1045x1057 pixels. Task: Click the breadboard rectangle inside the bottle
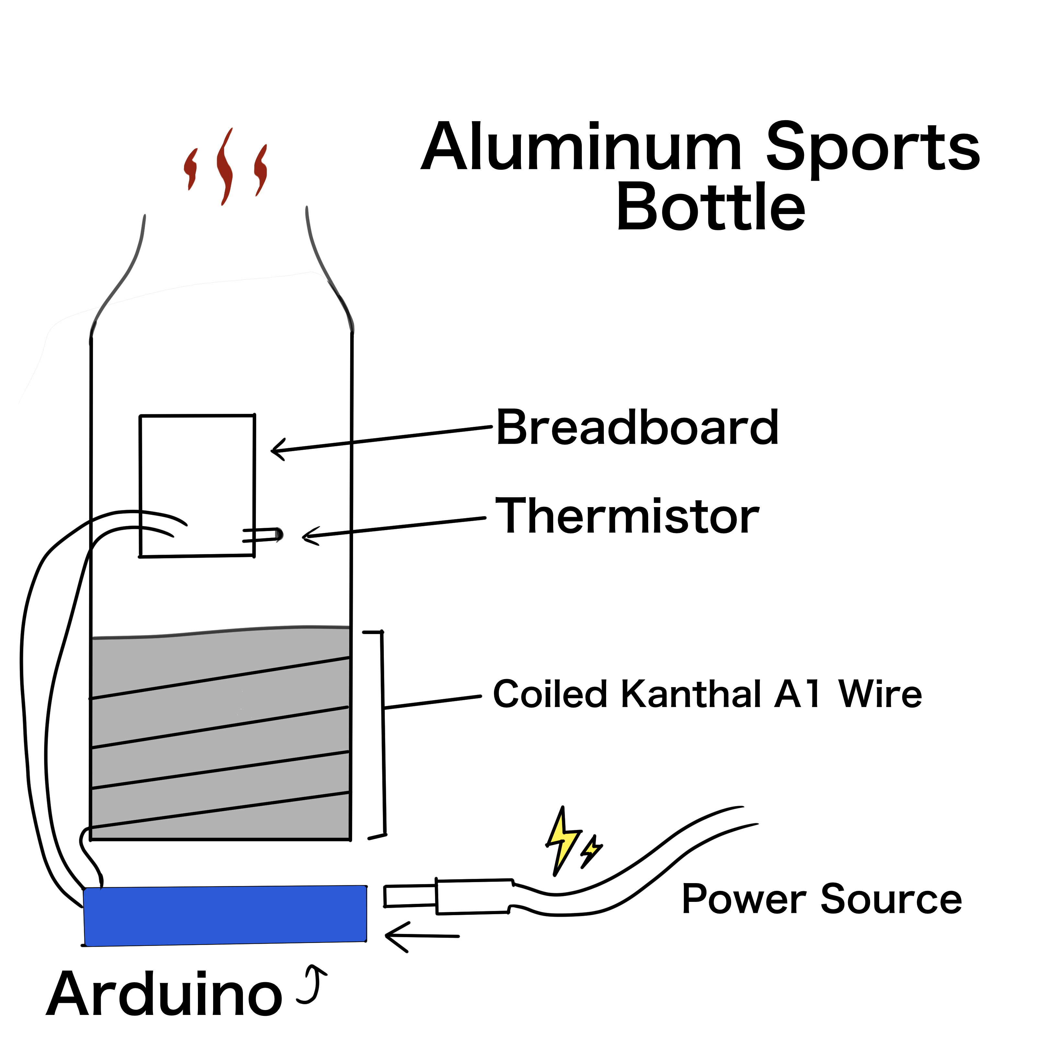[197, 482]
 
